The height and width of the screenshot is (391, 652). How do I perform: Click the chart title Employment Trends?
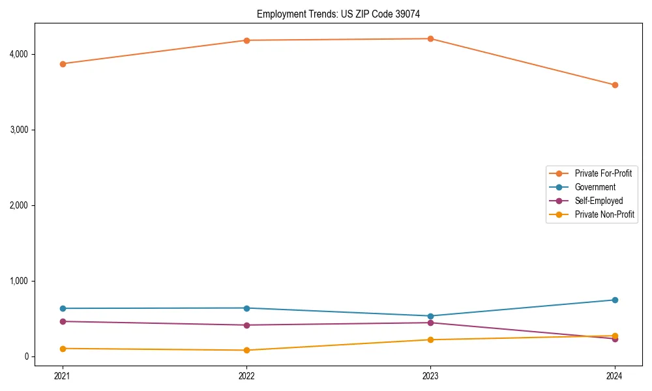click(x=343, y=14)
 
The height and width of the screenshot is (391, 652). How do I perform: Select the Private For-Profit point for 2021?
click(x=63, y=64)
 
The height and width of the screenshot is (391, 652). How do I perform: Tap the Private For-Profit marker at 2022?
click(x=246, y=40)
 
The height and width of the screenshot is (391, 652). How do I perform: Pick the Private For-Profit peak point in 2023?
click(x=430, y=38)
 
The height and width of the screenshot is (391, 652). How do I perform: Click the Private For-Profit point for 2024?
click(x=615, y=85)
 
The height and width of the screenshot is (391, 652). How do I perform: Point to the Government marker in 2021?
click(x=63, y=308)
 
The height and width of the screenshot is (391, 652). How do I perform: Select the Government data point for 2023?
click(x=430, y=316)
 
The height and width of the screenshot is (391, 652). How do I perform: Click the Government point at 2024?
click(x=615, y=300)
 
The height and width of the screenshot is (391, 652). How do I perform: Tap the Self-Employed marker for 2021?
click(x=63, y=321)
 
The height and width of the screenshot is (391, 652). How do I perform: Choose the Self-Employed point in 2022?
click(x=246, y=325)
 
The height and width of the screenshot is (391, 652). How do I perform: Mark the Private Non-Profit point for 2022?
click(x=246, y=350)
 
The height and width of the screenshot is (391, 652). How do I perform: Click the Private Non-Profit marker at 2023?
click(x=430, y=340)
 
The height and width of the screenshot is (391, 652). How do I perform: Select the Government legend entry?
click(x=595, y=187)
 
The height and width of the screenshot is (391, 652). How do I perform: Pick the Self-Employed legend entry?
click(x=599, y=201)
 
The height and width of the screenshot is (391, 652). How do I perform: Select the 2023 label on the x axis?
click(x=430, y=375)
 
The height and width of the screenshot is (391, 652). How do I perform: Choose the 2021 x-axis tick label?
click(x=63, y=375)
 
